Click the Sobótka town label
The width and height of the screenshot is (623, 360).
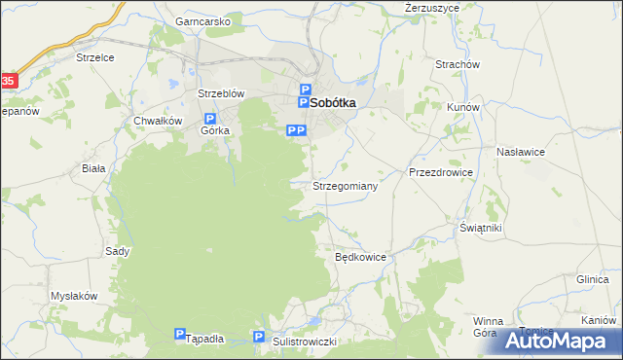coord(333,100)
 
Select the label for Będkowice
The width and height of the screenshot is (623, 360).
coord(361,258)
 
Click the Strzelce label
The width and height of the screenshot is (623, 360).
coord(95,57)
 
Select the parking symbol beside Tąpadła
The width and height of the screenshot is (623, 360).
coord(180,333)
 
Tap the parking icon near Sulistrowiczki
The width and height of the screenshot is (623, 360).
coord(259,336)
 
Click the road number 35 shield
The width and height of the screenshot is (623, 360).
coord(8,82)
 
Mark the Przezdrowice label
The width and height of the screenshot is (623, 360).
coord(440,172)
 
